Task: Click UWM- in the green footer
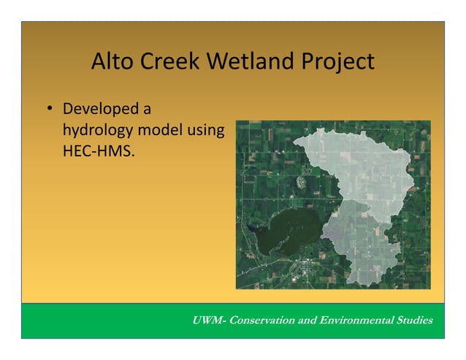(x=209, y=321)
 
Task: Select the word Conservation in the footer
(x=266, y=321)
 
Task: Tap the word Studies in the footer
(x=413, y=321)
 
